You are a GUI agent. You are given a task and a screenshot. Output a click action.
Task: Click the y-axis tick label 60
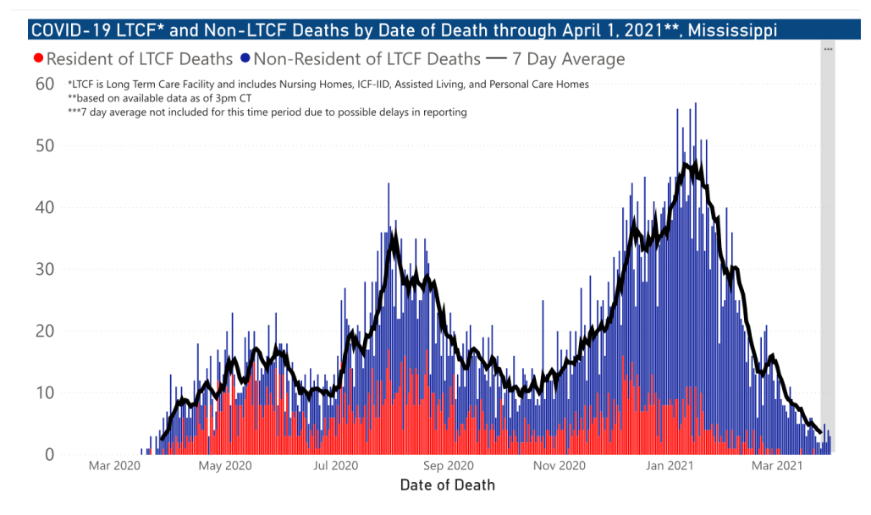coord(44,84)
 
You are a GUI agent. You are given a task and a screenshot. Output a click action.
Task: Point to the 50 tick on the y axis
coord(44,145)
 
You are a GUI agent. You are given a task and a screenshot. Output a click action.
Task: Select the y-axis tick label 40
coord(44,207)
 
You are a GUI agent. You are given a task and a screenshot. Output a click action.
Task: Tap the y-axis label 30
coord(44,269)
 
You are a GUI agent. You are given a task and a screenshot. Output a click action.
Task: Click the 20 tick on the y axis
coord(44,331)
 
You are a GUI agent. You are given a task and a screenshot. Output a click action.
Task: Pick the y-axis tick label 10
coord(44,392)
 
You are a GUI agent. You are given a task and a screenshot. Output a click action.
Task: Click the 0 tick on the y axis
coord(50,455)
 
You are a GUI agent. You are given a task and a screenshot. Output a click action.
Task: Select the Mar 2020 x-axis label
coord(114,466)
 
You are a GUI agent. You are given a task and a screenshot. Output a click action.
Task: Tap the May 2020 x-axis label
coord(224,466)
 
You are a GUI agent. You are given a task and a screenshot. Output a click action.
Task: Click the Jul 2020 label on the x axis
coord(337,466)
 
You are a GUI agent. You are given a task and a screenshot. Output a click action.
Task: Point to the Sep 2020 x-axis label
coord(448,466)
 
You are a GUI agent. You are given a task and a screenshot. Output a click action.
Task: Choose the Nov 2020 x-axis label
coord(560,466)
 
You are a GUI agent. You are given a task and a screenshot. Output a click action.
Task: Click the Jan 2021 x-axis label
coord(672,466)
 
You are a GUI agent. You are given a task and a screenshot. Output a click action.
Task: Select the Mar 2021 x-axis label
coord(779,466)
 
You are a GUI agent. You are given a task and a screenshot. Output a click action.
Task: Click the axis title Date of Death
coord(447,485)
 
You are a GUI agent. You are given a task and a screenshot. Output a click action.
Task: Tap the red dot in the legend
coord(37,59)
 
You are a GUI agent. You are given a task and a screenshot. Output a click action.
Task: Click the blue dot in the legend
coord(245,59)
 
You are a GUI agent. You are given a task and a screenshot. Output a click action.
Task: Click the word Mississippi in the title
coord(733,31)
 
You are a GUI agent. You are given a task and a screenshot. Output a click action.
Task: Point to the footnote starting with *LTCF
coord(328,85)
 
